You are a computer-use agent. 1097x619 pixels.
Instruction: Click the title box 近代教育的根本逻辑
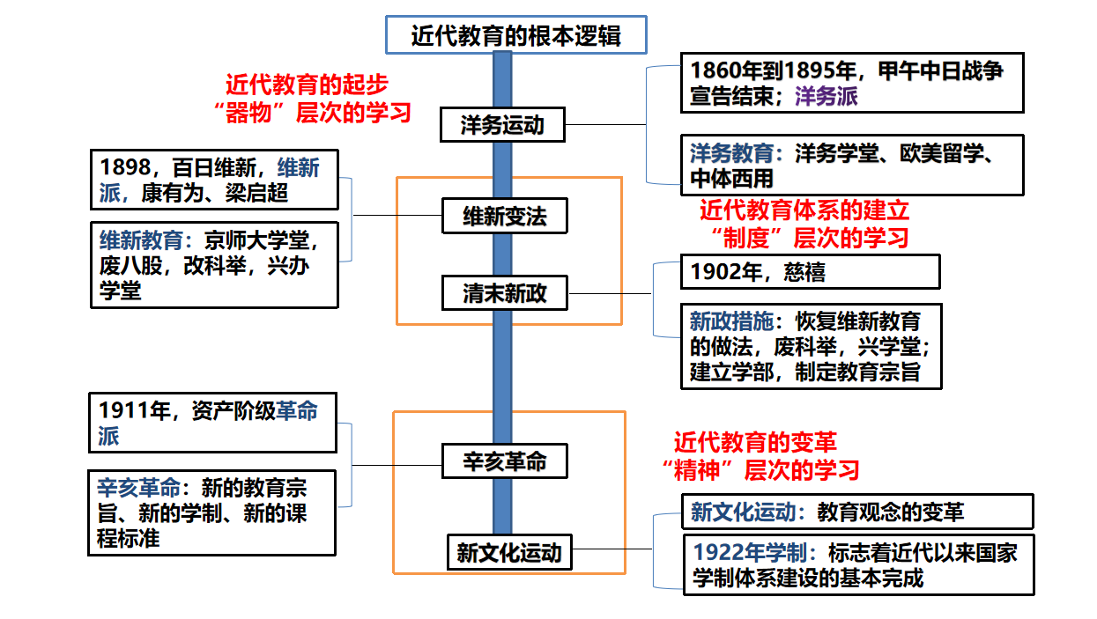[516, 34]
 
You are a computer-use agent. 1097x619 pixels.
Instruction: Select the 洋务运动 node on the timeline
[502, 125]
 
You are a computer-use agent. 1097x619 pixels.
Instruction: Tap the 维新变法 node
[505, 216]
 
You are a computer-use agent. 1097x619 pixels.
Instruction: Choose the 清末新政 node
[505, 293]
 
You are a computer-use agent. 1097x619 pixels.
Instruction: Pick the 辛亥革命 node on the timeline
[505, 461]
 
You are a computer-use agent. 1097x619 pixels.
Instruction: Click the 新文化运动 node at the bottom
[509, 552]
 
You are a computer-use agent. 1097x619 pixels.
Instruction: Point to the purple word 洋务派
[826, 96]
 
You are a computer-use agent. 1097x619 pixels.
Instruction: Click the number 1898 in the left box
[125, 167]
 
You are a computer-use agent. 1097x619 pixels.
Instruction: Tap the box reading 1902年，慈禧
[811, 271]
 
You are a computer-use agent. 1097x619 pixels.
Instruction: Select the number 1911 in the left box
[124, 410]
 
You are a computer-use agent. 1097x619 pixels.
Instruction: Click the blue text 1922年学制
[750, 552]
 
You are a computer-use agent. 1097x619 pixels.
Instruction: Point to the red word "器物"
[249, 113]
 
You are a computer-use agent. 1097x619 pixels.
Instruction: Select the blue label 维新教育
[141, 240]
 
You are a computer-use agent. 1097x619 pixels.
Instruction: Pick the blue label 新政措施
[731, 321]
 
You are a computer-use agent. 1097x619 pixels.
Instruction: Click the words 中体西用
[731, 178]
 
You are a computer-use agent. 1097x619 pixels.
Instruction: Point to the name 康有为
[173, 193]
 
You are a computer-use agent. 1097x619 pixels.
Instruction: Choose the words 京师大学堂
[256, 240]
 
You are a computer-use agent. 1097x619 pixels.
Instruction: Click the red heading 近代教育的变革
[755, 442]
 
